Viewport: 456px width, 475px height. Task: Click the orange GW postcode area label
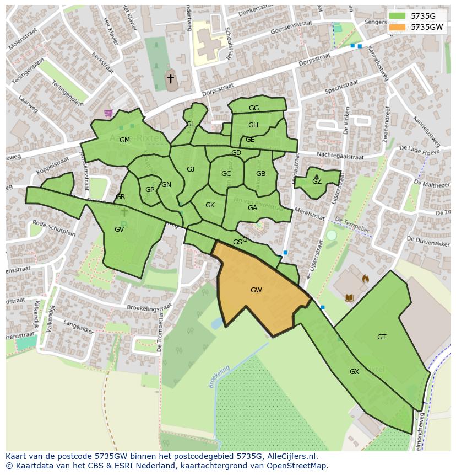point(256,290)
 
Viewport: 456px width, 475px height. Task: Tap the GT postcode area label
point(382,337)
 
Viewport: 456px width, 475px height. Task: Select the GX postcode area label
point(354,372)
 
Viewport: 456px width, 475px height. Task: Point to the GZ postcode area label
point(317,182)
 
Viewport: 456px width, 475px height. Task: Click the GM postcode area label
point(124,140)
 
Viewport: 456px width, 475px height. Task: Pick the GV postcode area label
point(119,230)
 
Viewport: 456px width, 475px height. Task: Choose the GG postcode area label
point(254,108)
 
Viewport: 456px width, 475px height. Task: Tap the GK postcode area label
point(210,205)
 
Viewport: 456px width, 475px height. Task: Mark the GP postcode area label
point(150,190)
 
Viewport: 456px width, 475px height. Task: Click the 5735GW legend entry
point(427,26)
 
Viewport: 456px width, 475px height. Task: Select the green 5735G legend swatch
point(397,17)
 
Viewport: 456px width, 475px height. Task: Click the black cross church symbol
point(171,79)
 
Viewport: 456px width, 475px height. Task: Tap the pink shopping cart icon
point(108,113)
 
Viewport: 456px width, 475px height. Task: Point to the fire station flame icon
point(365,279)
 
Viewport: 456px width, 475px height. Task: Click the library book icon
point(349,298)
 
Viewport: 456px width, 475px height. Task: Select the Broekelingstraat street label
point(142,309)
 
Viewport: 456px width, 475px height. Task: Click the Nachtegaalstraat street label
point(340,156)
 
